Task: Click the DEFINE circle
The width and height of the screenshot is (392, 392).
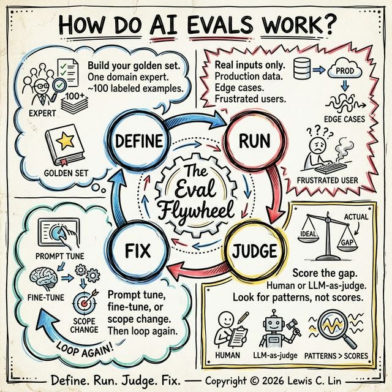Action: (x=140, y=141)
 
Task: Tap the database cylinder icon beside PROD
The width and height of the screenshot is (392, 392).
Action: (x=303, y=69)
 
